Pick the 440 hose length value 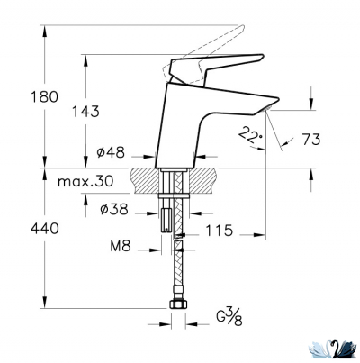pos(18,229)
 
